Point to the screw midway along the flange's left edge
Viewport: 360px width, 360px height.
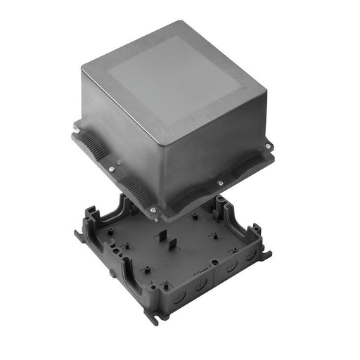[x=112, y=169]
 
